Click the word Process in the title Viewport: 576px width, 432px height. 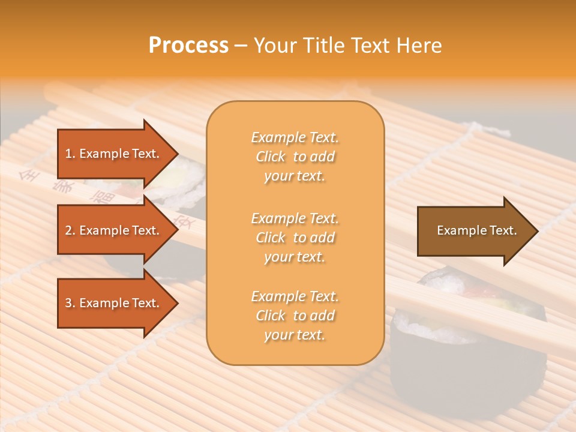188,46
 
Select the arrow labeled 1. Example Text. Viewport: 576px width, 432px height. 114,154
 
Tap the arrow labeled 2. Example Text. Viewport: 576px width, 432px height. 114,230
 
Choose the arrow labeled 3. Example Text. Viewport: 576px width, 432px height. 114,303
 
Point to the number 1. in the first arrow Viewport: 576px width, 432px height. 70,154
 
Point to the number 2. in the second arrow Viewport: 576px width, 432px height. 70,230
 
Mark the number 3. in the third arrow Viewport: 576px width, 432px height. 70,303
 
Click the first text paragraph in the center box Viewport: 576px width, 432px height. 295,157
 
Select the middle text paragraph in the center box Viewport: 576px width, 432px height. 295,238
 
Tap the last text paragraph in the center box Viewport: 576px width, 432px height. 295,316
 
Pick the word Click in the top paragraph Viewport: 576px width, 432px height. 271,157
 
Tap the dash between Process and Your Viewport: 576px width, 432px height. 241,46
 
